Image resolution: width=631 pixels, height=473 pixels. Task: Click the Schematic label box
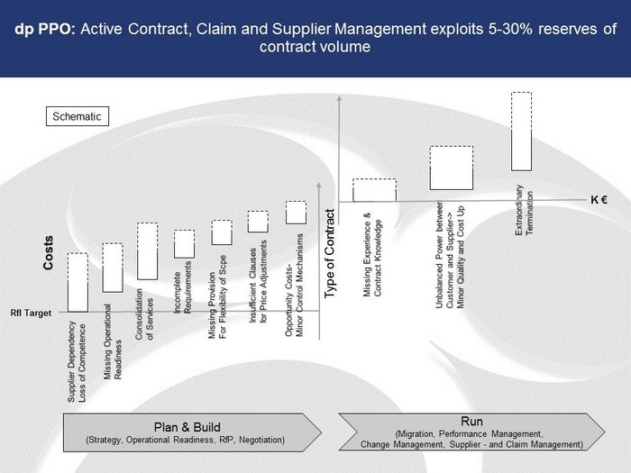[78, 116]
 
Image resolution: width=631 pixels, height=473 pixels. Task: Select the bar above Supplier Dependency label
[78, 282]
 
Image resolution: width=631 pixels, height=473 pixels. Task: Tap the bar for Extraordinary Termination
[522, 132]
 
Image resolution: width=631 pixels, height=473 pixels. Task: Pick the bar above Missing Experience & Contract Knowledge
[374, 190]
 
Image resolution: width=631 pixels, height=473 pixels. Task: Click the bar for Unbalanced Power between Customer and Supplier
[451, 168]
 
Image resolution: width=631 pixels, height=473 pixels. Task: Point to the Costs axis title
[49, 252]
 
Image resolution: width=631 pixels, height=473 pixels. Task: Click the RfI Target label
[31, 313]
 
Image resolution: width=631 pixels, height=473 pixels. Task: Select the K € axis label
[599, 200]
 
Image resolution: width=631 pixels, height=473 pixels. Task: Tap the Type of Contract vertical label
[330, 253]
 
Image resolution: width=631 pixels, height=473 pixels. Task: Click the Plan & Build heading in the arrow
[187, 427]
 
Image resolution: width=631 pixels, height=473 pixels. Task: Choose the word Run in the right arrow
[471, 422]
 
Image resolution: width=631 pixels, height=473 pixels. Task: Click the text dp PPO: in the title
[45, 30]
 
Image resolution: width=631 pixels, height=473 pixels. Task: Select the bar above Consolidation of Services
[147, 251]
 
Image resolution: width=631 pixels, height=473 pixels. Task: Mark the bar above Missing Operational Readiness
[113, 268]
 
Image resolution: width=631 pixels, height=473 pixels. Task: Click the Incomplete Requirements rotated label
[182, 287]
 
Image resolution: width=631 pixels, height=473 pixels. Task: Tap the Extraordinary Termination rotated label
[525, 210]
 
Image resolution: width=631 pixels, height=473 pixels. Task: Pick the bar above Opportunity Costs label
[297, 213]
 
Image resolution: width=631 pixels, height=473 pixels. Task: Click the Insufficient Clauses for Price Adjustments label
[258, 281]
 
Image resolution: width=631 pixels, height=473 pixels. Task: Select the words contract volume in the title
[315, 47]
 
